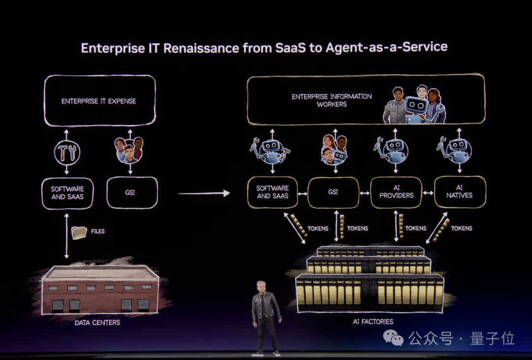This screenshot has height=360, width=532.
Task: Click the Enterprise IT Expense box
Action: (x=100, y=100)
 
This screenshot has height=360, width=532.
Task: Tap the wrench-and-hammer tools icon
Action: (x=67, y=153)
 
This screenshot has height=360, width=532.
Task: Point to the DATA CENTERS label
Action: (x=98, y=323)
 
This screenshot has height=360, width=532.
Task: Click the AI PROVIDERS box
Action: (x=396, y=192)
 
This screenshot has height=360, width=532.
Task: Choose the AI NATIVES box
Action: (x=460, y=192)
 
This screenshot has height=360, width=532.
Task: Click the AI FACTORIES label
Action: (x=373, y=322)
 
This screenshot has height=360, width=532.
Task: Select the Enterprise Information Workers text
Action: (x=332, y=100)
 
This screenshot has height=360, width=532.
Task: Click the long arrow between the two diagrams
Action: (x=203, y=193)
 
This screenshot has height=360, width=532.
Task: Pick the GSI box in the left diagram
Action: (x=132, y=193)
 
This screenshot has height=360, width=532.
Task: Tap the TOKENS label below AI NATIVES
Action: (x=462, y=229)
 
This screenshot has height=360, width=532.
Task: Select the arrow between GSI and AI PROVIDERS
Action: (x=365, y=193)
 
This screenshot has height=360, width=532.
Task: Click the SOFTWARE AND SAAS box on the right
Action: (x=272, y=192)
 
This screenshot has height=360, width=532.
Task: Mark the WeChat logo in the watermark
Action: (x=394, y=338)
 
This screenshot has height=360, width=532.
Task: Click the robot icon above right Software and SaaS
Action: (x=270, y=150)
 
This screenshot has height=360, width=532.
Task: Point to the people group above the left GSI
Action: (x=129, y=150)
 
